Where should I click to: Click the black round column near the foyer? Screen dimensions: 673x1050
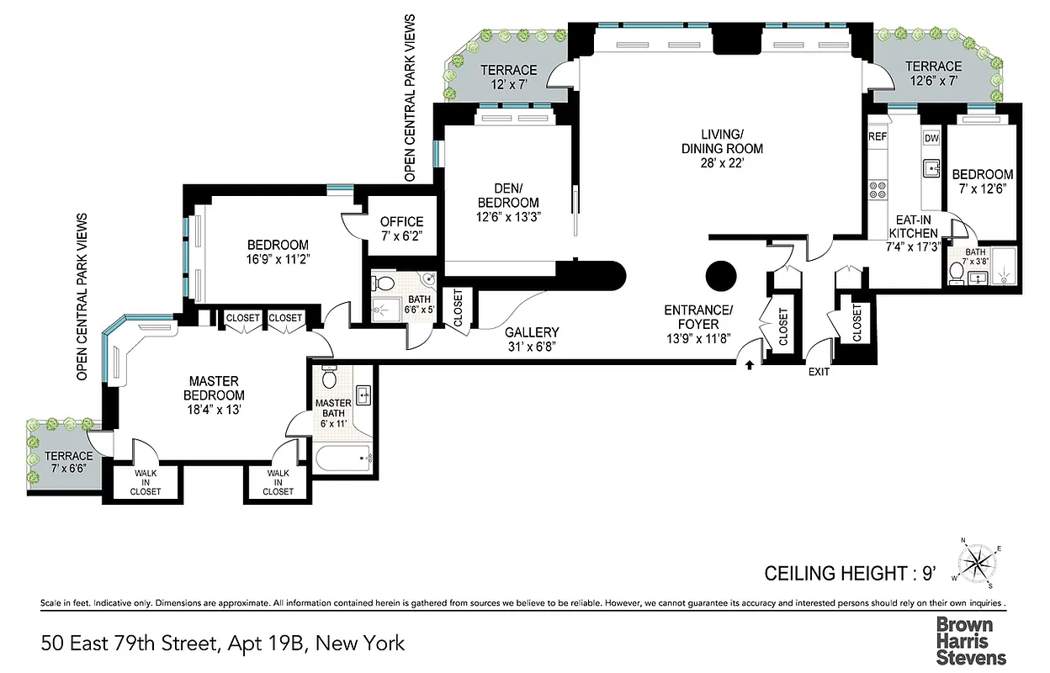[x=720, y=274]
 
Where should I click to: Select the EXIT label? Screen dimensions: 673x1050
[x=819, y=372]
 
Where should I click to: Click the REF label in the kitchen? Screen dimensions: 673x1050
[x=878, y=136]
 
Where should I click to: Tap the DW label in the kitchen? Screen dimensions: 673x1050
[x=931, y=138]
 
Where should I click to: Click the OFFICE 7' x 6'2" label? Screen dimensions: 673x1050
[x=401, y=229]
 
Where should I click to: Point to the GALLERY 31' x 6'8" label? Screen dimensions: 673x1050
[x=532, y=339]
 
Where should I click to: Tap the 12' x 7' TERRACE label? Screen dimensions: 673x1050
[x=508, y=77]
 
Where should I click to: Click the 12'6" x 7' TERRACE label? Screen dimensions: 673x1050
[x=933, y=73]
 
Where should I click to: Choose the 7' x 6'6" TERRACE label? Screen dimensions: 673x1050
[x=64, y=462]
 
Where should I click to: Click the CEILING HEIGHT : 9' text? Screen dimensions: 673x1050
[x=850, y=574]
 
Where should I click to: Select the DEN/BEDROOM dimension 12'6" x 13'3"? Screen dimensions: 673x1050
[x=508, y=217]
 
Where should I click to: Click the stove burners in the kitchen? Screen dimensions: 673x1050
[x=878, y=191]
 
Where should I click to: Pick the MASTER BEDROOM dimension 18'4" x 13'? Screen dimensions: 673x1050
[x=216, y=410]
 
